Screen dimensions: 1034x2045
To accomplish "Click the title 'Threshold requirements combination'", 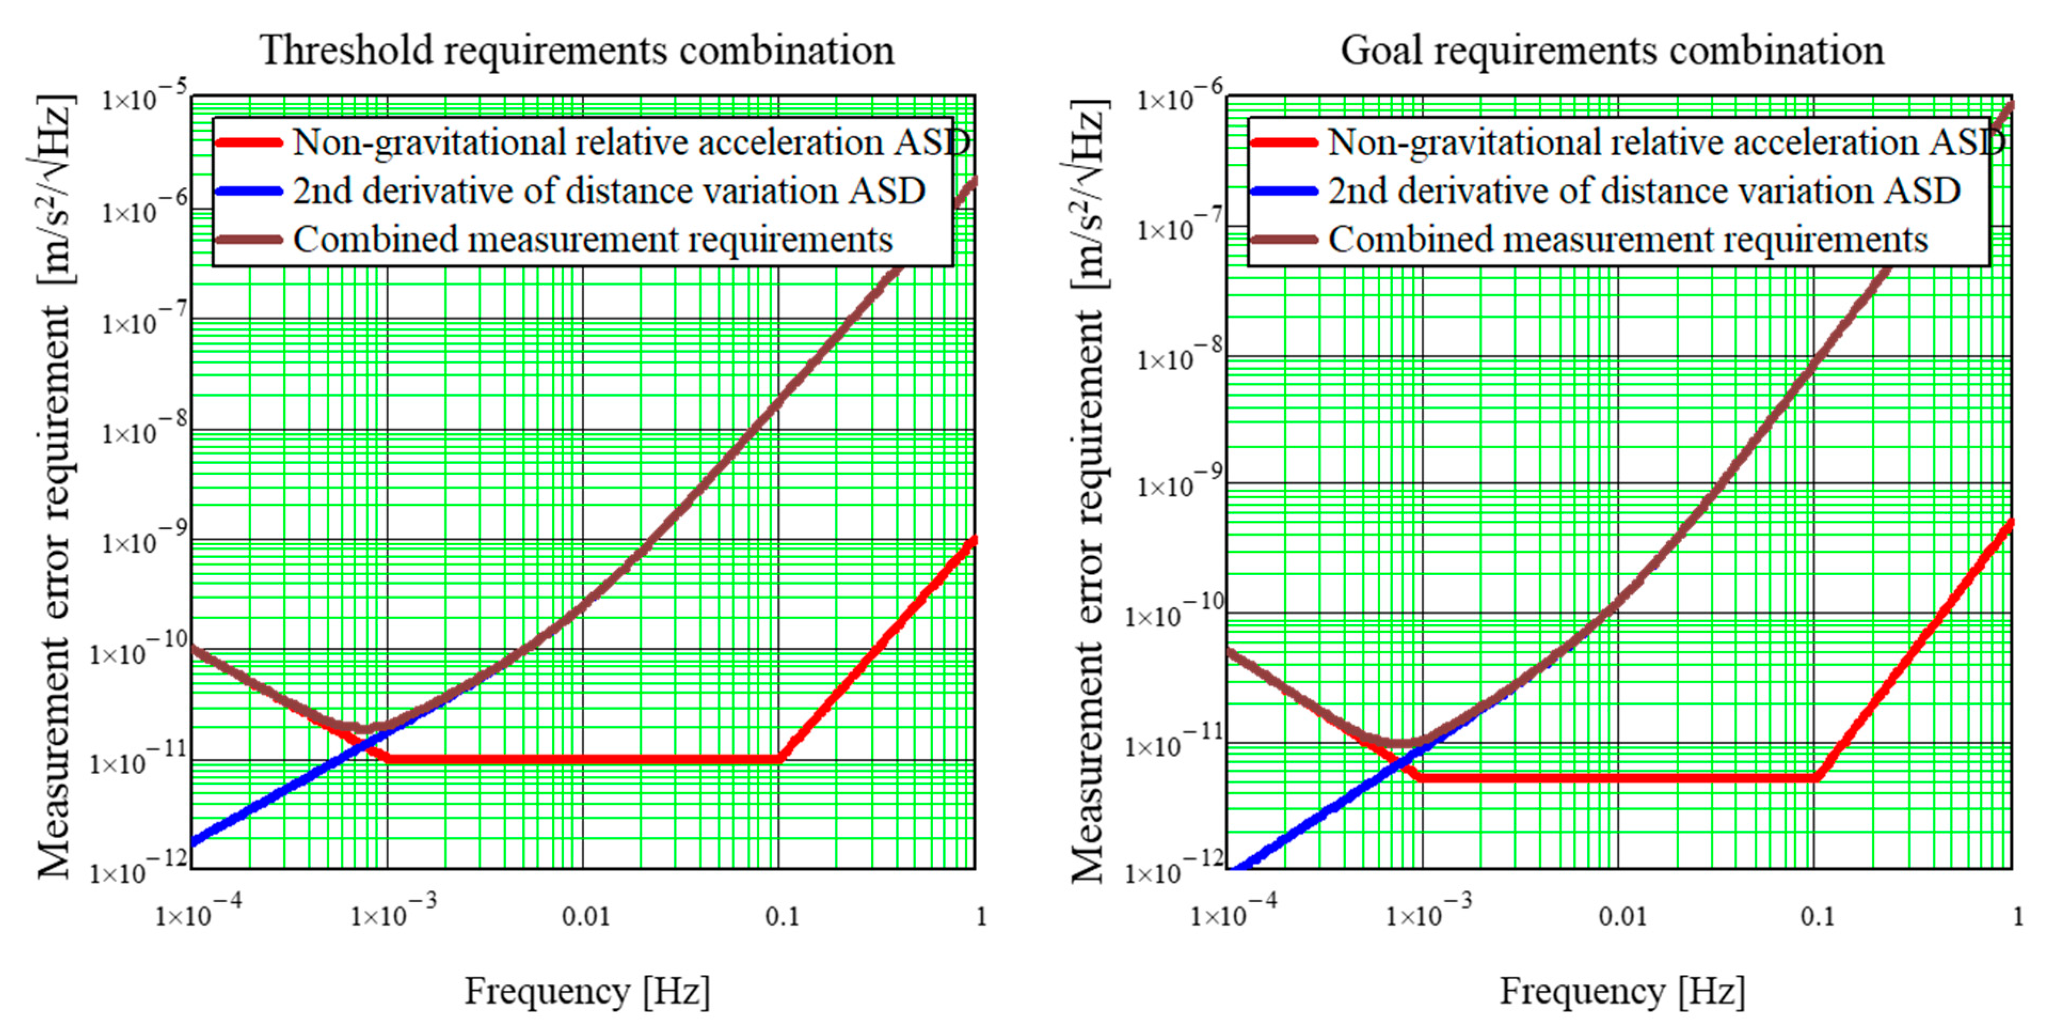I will tap(577, 50).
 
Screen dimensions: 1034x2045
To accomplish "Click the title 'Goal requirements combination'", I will tap(1612, 50).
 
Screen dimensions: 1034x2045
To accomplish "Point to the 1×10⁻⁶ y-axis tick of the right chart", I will tap(1180, 99).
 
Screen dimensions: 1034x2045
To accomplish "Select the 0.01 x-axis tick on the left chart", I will tap(585, 917).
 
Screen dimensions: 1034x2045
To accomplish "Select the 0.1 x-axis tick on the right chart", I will tap(1816, 917).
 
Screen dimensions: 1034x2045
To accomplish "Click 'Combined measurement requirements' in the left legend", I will tap(592, 240).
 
